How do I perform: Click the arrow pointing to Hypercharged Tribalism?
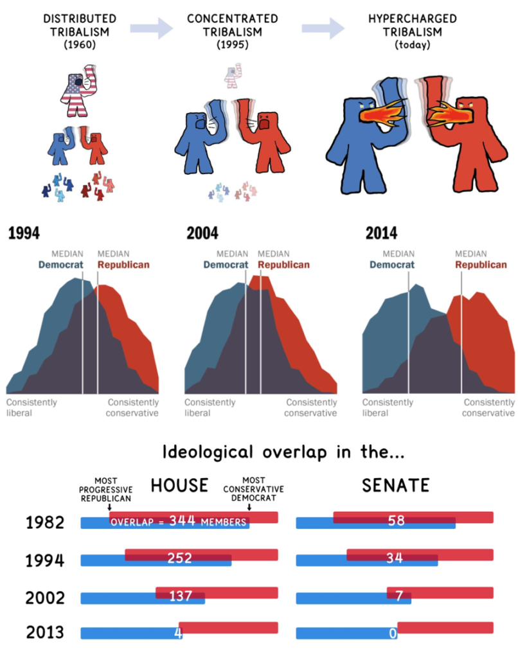point(323,27)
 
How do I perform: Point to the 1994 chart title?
point(24,233)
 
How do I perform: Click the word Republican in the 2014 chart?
point(481,264)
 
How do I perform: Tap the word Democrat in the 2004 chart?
point(226,264)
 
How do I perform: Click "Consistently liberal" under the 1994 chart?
point(31,407)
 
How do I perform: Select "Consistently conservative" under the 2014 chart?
point(489,407)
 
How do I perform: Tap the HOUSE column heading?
point(180,486)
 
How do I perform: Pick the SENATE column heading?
point(395,486)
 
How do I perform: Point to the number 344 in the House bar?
point(183,521)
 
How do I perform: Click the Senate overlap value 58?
point(396,520)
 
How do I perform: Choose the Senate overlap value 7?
point(398,596)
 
